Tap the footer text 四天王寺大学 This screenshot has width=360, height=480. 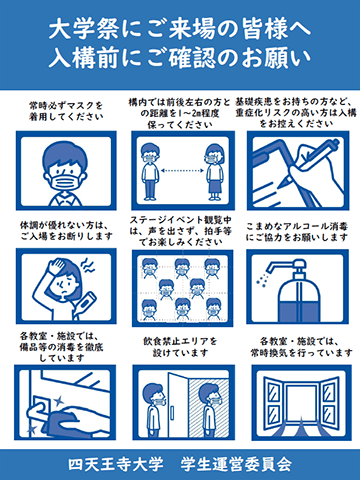click(115, 464)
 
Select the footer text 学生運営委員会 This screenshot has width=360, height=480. click(236, 464)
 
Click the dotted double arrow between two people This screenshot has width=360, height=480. click(182, 171)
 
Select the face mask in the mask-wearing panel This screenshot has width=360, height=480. click(65, 182)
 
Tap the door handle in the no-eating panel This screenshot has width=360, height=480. click(172, 413)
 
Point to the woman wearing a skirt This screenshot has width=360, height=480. click(214, 172)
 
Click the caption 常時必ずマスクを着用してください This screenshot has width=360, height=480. click(66, 112)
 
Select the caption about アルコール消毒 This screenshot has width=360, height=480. click(297, 232)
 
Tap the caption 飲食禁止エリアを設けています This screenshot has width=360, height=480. click(180, 347)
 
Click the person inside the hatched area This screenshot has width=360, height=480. click(211, 409)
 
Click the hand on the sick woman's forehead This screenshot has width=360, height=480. click(57, 267)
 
